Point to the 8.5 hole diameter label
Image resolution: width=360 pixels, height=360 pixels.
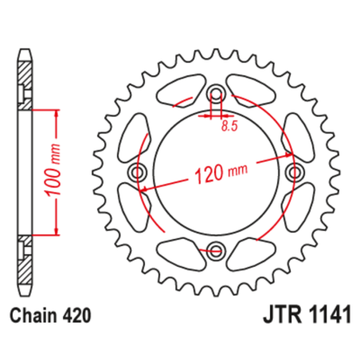click(x=231, y=125)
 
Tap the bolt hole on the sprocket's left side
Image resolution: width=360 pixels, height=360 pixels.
click(x=139, y=173)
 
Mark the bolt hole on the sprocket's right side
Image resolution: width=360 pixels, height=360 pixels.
click(x=295, y=173)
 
